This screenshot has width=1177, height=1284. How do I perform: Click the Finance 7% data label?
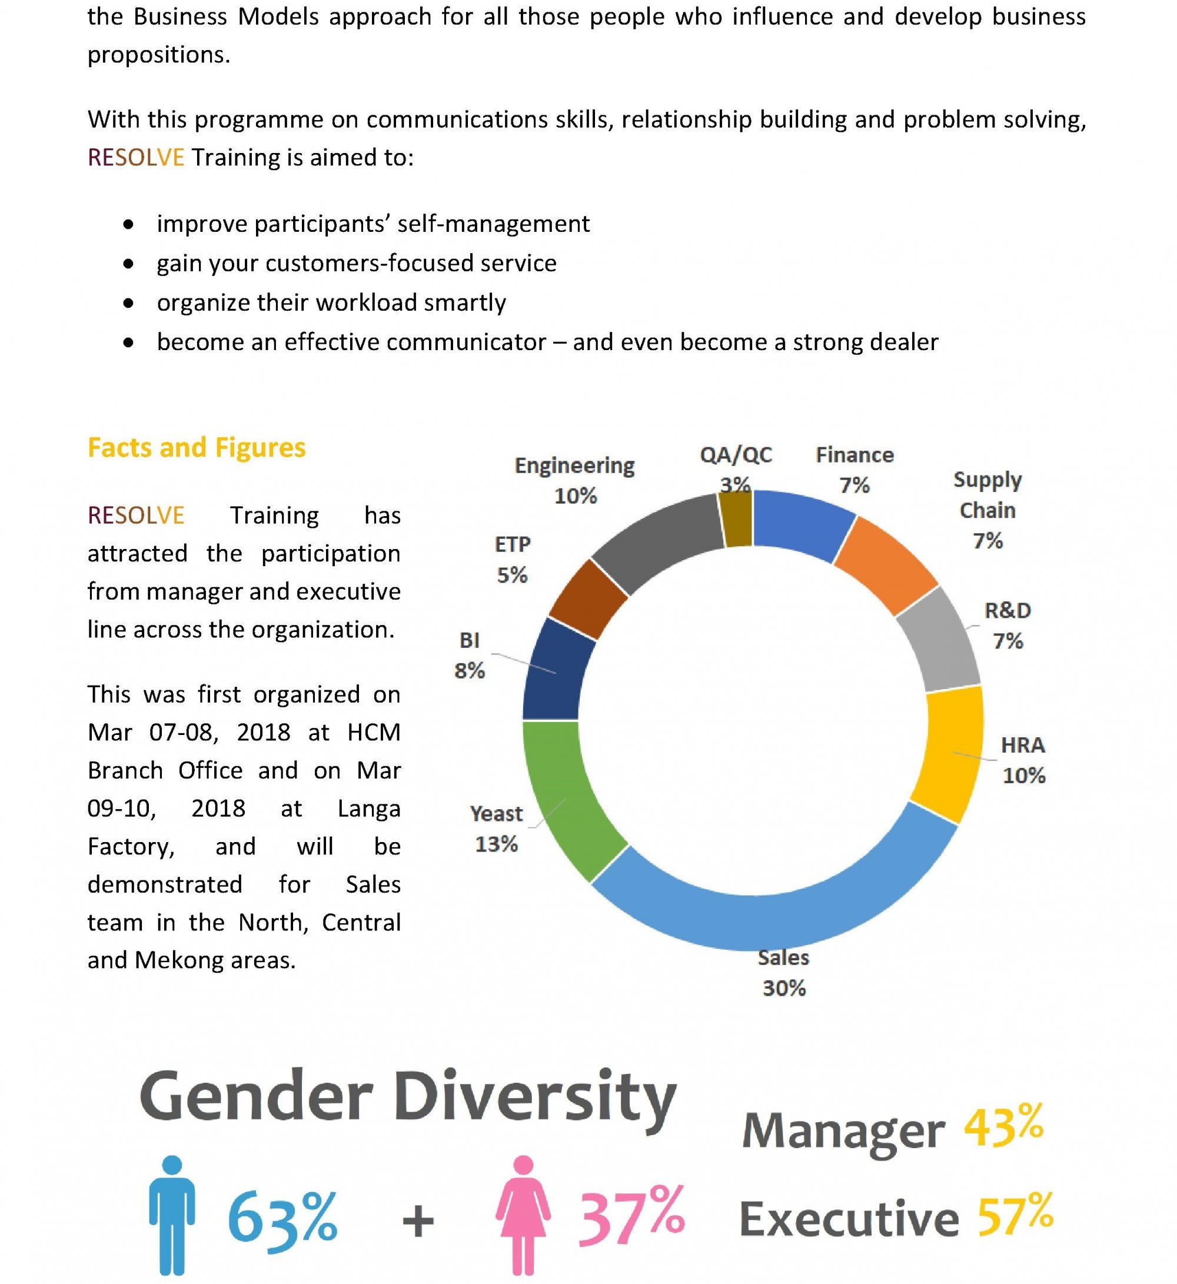coord(855,470)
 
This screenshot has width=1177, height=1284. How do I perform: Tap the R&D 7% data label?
coord(1008,626)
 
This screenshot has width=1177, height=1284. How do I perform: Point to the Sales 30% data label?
coord(784,973)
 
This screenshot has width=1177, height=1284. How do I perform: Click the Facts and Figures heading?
coord(196,448)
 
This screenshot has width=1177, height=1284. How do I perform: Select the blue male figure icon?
coord(172,1215)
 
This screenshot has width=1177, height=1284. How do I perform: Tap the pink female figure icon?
coord(523,1215)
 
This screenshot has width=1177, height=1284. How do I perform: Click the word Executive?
coord(849,1219)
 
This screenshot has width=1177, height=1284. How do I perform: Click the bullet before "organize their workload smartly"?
coord(129,303)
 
